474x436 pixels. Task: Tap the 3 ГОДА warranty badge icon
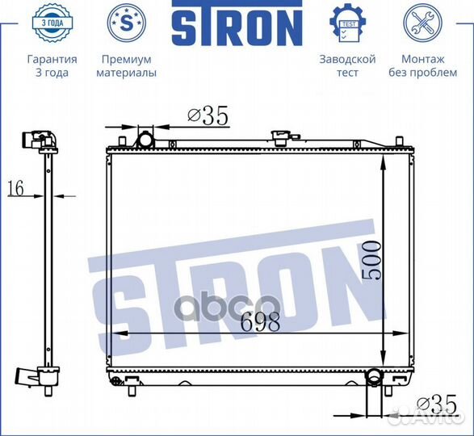(52, 23)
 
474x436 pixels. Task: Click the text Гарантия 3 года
(52, 65)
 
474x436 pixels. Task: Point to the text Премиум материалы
(126, 65)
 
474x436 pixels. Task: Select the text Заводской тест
(347, 65)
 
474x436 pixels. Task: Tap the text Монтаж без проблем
(423, 65)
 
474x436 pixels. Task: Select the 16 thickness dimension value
(15, 189)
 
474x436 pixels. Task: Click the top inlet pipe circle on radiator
(146, 140)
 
